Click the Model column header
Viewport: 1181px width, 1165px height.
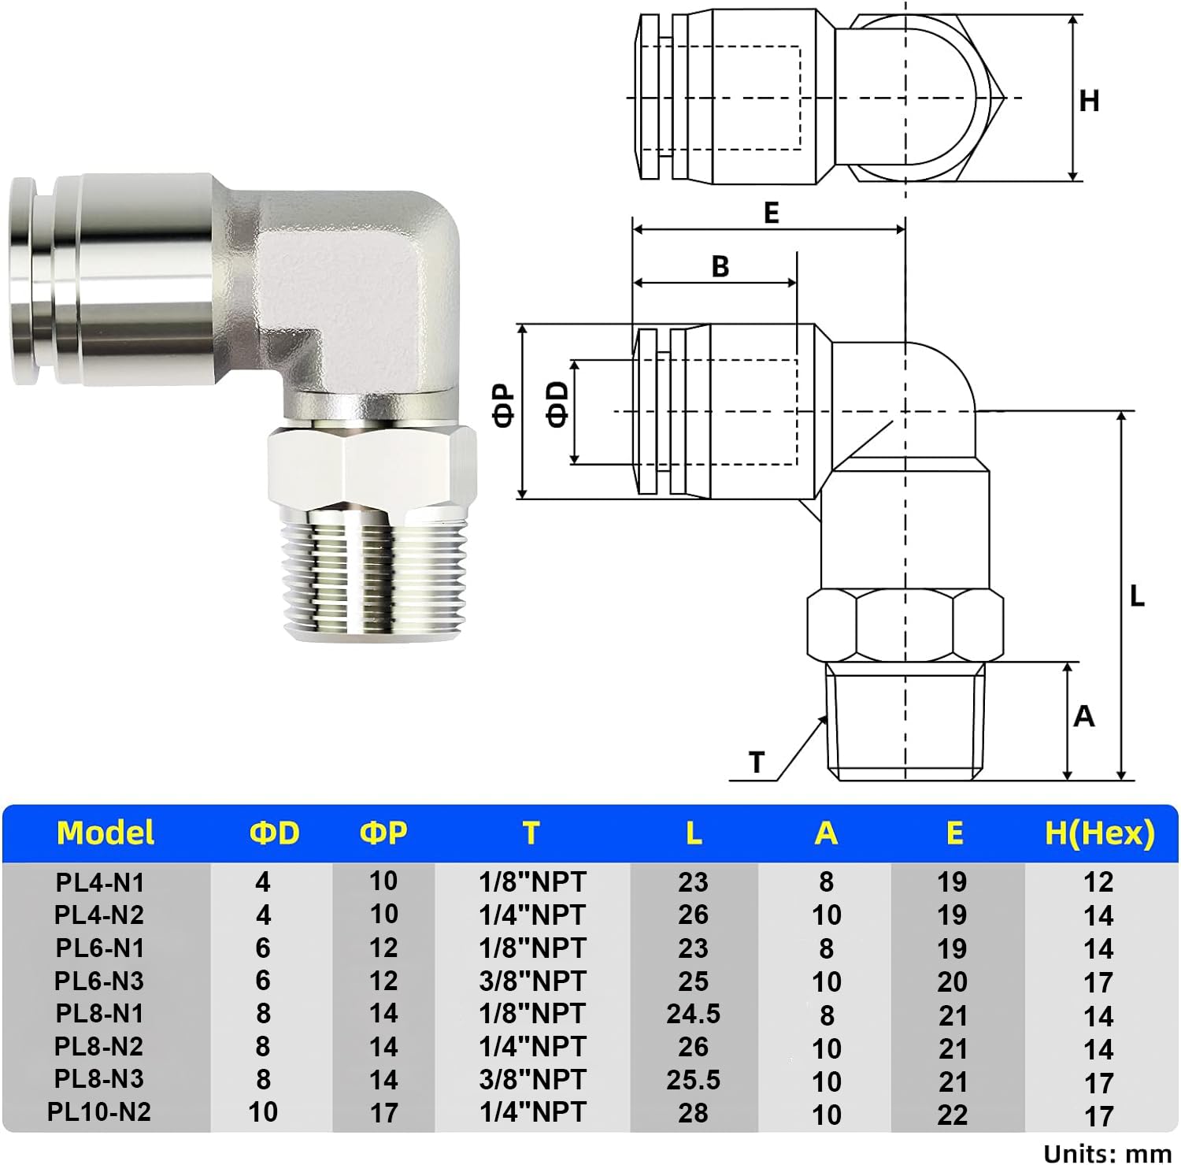click(106, 833)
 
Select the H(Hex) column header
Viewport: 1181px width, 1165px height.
click(1099, 833)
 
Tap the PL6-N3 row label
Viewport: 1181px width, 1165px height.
click(99, 981)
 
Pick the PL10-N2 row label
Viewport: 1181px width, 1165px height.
click(99, 1112)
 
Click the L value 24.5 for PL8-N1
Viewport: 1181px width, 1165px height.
click(693, 1014)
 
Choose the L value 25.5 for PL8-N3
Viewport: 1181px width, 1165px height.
click(693, 1080)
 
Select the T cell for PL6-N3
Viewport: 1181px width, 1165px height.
click(533, 981)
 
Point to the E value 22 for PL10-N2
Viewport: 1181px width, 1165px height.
click(952, 1114)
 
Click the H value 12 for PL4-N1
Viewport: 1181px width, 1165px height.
click(1098, 882)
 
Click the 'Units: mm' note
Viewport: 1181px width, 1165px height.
click(1107, 1153)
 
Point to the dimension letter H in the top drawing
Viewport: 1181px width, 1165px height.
click(1089, 101)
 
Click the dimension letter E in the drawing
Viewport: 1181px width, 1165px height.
click(771, 213)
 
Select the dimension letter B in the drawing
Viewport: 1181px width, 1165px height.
click(720, 267)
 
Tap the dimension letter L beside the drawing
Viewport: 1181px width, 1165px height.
click(1136, 596)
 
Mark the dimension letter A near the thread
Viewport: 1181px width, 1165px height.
click(1084, 717)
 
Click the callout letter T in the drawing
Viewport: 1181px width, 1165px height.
click(757, 762)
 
